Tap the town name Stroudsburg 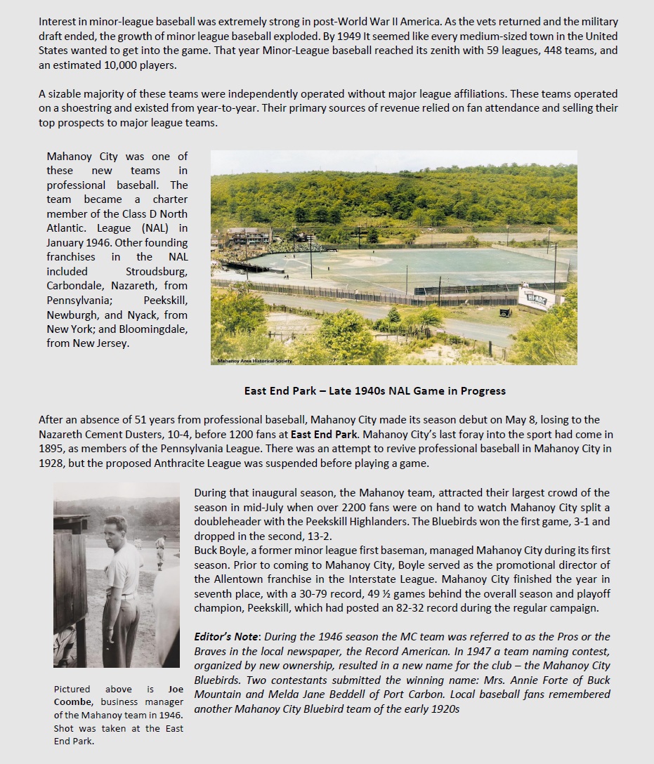pos(157,271)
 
